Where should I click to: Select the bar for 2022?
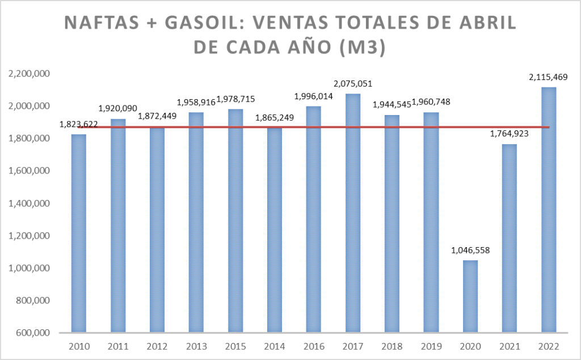(x=548, y=210)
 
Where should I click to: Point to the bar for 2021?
(x=509, y=239)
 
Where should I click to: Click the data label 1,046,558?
(x=470, y=249)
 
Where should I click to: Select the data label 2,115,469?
(x=549, y=76)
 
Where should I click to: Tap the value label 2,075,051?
(x=353, y=83)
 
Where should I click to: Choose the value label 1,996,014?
(x=314, y=96)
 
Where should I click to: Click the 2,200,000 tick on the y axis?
(x=28, y=74)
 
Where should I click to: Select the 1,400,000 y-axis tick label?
(x=28, y=204)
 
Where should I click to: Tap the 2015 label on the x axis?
(x=235, y=346)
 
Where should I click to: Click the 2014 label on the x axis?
(x=274, y=346)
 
